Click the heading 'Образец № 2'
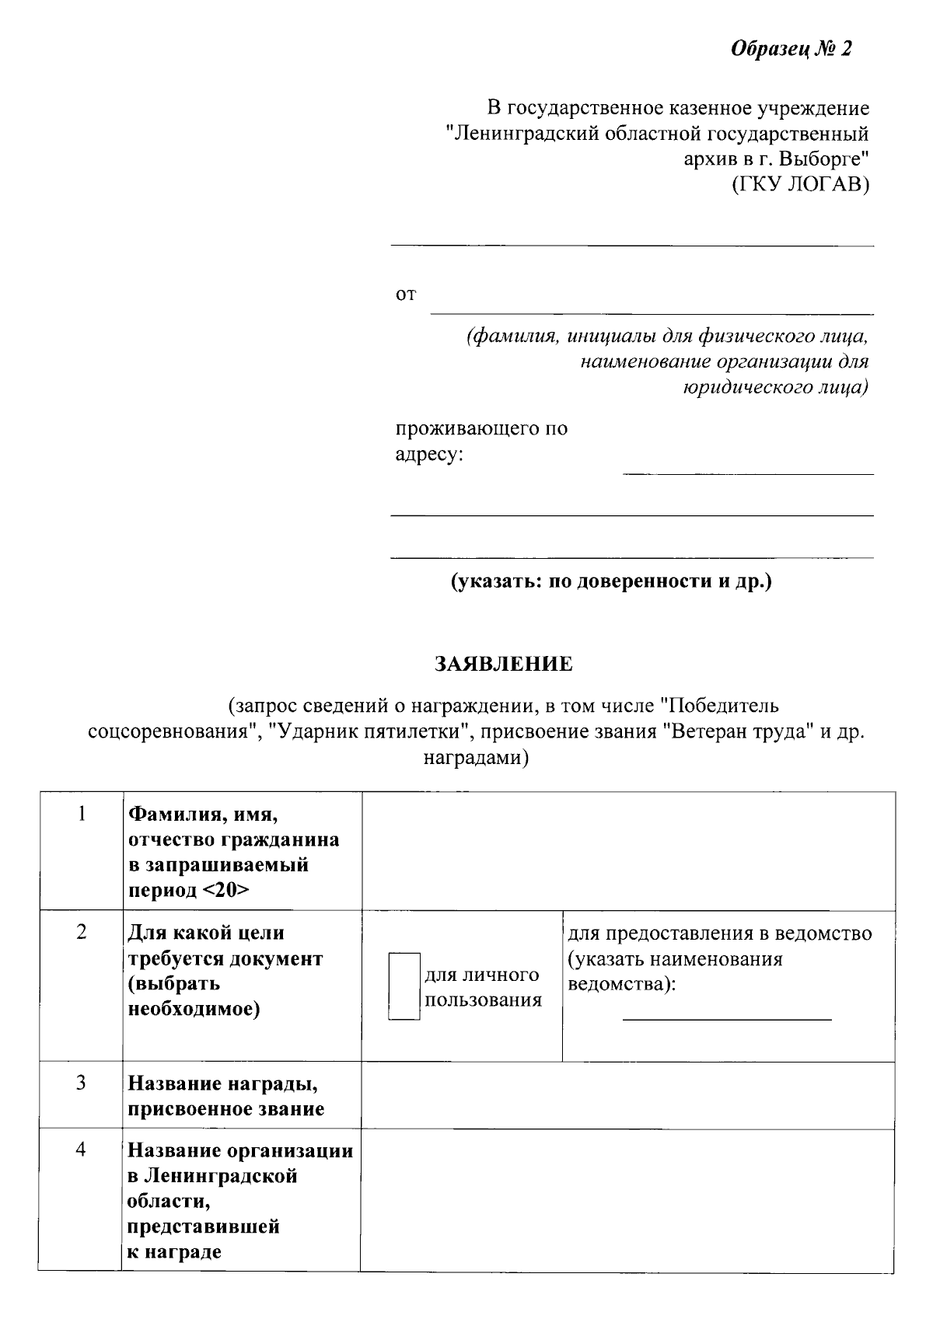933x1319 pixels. [791, 50]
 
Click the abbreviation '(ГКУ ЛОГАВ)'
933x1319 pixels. [801, 185]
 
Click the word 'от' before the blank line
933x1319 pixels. [406, 295]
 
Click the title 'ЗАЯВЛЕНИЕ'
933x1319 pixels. [503, 665]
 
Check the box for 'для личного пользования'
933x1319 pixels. [404, 986]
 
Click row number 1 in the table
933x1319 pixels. [81, 814]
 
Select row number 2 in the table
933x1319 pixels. [81, 932]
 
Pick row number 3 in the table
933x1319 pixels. [81, 1083]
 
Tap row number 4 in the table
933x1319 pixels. [81, 1150]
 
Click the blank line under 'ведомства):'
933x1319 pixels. [727, 1019]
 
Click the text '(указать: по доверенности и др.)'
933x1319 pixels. [612, 581]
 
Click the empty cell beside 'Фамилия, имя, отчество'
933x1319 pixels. [627, 851]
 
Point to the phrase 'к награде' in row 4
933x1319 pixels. [174, 1251]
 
